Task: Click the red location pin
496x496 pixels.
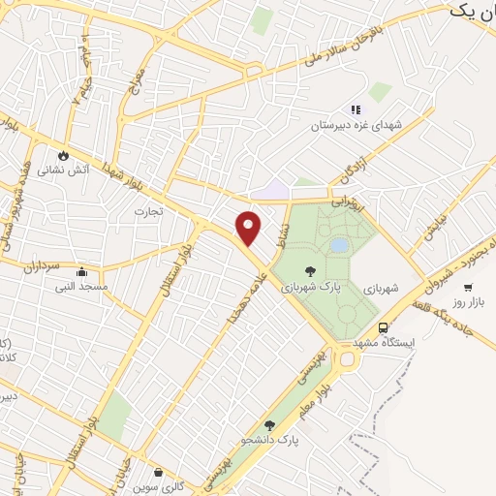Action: [x=249, y=227]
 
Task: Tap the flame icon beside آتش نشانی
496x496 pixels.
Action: [x=64, y=154]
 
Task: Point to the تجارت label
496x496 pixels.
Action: [x=149, y=210]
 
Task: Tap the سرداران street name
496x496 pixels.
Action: [x=44, y=263]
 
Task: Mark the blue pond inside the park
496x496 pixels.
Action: [x=339, y=246]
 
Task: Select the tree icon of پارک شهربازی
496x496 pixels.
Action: [x=310, y=271]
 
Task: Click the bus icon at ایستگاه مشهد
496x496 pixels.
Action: [x=383, y=327]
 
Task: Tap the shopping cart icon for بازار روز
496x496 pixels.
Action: [x=468, y=287]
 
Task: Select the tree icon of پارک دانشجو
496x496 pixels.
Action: [x=269, y=424]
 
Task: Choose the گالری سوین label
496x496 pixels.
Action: [x=159, y=487]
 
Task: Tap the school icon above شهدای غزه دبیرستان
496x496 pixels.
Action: [x=356, y=109]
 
